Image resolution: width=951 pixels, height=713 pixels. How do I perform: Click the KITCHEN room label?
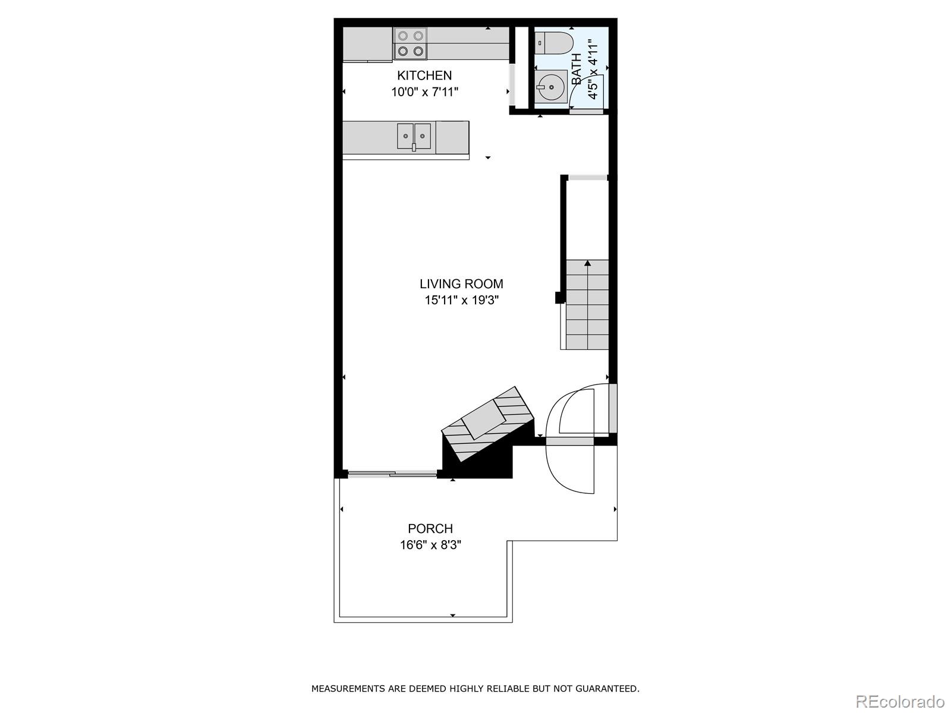[x=424, y=75]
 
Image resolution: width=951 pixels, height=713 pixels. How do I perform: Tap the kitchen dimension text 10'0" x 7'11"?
[x=424, y=92]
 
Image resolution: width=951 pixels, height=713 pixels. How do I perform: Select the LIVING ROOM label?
[x=461, y=284]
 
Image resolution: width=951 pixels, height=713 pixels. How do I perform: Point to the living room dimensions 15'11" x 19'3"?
[x=461, y=301]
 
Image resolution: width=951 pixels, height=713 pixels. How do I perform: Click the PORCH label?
[x=430, y=528]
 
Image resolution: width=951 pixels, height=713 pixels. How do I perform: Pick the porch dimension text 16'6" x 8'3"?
[x=430, y=545]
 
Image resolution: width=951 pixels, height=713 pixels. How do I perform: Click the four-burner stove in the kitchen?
[x=411, y=44]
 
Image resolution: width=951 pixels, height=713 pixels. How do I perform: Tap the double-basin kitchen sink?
[x=414, y=136]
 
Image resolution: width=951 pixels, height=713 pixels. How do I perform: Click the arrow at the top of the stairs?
[x=588, y=263]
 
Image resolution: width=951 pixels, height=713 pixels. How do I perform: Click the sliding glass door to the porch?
[x=392, y=474]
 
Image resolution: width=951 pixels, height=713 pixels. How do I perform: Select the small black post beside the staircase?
[x=559, y=298]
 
